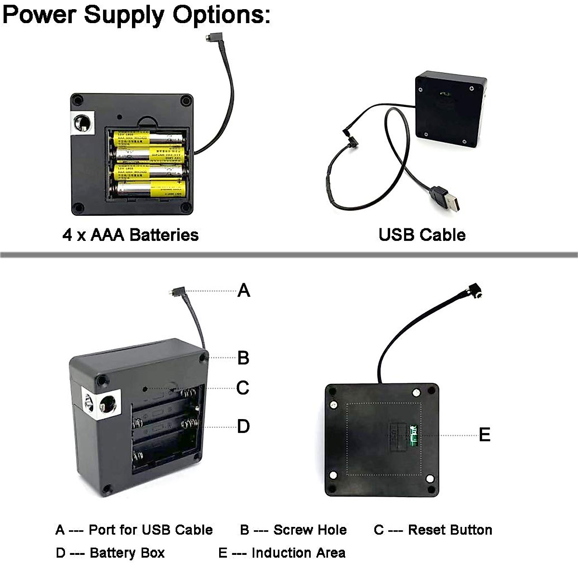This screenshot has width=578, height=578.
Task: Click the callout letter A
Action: tap(244, 290)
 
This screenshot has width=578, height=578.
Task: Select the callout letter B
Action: tap(243, 358)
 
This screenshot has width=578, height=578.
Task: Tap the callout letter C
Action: tap(243, 387)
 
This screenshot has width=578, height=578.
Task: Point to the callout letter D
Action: tap(243, 426)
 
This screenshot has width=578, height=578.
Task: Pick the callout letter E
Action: tap(484, 435)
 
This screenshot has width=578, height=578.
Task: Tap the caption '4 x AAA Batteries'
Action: tap(131, 235)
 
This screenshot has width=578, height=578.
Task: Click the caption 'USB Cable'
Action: tap(422, 235)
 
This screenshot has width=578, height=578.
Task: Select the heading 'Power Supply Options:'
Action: tap(137, 14)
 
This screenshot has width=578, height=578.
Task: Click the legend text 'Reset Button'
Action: tap(450, 530)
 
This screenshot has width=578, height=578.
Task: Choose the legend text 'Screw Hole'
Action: tap(310, 530)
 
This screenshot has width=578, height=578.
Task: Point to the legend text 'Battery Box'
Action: tap(127, 552)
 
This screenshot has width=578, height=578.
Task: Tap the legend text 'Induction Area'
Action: tap(298, 552)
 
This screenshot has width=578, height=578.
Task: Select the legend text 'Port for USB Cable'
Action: tap(151, 530)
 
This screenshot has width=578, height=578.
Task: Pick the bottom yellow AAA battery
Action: tap(149, 189)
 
